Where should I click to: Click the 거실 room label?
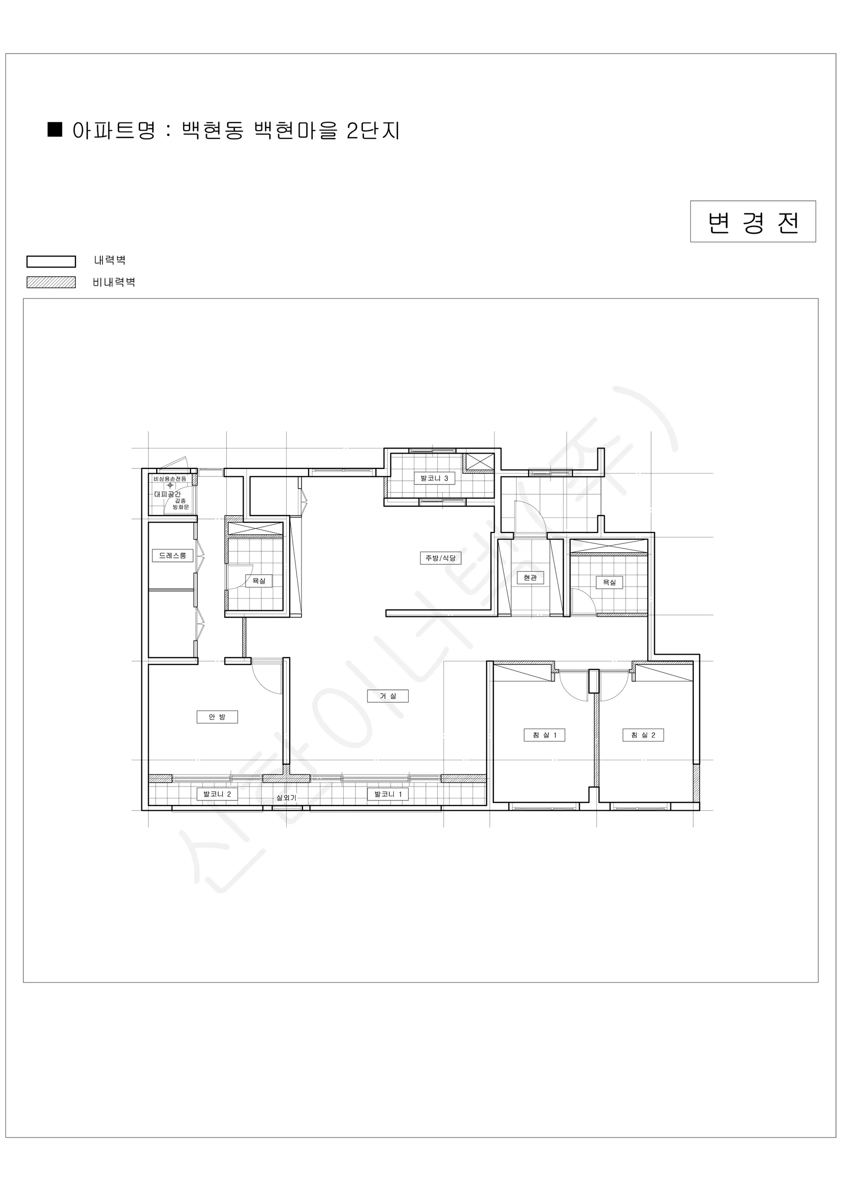387,696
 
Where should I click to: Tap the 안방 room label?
217,717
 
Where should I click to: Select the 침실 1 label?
544,735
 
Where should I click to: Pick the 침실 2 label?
643,735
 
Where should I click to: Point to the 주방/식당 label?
440,558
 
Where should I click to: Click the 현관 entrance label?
530,577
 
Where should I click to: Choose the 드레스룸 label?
173,556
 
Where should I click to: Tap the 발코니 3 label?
434,478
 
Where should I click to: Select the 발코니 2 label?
217,794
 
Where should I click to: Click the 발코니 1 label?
388,794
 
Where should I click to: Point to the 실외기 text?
286,798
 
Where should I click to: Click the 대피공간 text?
168,494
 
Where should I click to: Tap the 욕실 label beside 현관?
609,583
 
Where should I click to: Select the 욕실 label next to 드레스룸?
259,581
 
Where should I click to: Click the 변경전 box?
753,221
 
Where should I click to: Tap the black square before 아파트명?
55,130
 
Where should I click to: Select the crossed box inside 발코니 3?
479,462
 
